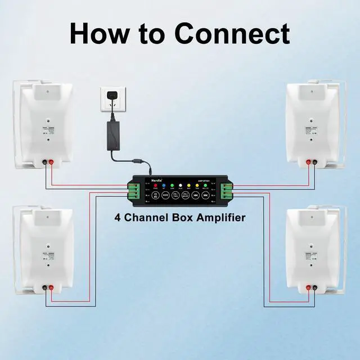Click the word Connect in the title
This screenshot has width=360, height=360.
tap(232, 33)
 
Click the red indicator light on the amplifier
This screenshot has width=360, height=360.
tap(155, 185)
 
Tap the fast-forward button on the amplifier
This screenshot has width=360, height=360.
tap(206, 196)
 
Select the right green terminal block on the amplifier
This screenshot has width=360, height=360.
tap(226, 191)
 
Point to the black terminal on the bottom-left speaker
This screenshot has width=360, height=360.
tap(44, 289)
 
